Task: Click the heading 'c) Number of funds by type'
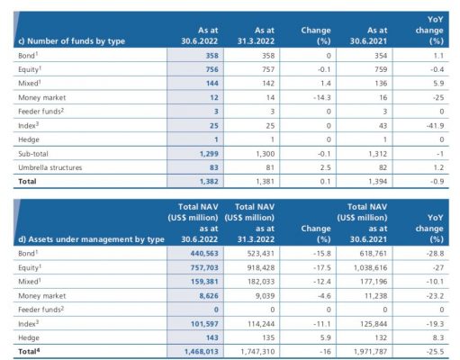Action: pyautogui.click(x=71, y=41)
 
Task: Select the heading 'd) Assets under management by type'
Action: pyautogui.click(x=91, y=239)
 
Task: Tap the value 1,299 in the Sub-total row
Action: pyautogui.click(x=209, y=154)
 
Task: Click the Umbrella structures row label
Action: pyautogui.click(x=50, y=167)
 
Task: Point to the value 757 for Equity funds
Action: pyautogui.click(x=268, y=69)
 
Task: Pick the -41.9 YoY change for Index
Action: pyautogui.click(x=435, y=126)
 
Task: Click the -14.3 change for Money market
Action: pyautogui.click(x=321, y=97)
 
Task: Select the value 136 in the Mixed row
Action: pyautogui.click(x=381, y=84)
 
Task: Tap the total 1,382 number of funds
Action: pyautogui.click(x=209, y=182)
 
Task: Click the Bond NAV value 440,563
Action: pyautogui.click(x=204, y=254)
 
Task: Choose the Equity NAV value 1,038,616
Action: pyautogui.click(x=371, y=267)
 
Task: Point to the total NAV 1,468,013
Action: pyautogui.click(x=202, y=352)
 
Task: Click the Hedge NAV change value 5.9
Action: pyautogui.click(x=325, y=337)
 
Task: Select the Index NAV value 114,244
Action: pyautogui.click(x=261, y=324)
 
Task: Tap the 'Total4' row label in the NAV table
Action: pyautogui.click(x=29, y=351)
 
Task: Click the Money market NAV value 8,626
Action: pyautogui.click(x=209, y=296)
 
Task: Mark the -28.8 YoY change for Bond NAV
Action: pyautogui.click(x=435, y=254)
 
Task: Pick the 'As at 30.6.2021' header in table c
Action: pyautogui.click(x=368, y=36)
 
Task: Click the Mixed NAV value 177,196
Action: pyautogui.click(x=374, y=282)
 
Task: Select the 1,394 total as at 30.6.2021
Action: pyautogui.click(x=378, y=182)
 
